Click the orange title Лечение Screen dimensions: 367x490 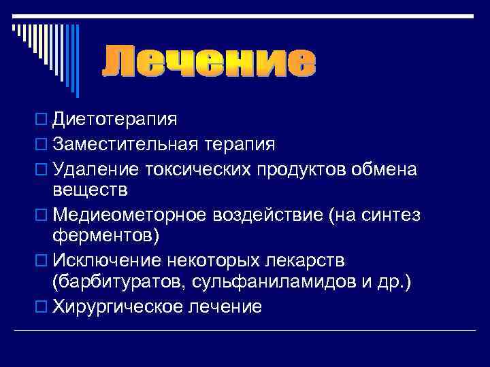(209, 63)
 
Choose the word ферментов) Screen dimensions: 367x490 (105, 238)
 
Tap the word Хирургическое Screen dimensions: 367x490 (118, 307)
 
